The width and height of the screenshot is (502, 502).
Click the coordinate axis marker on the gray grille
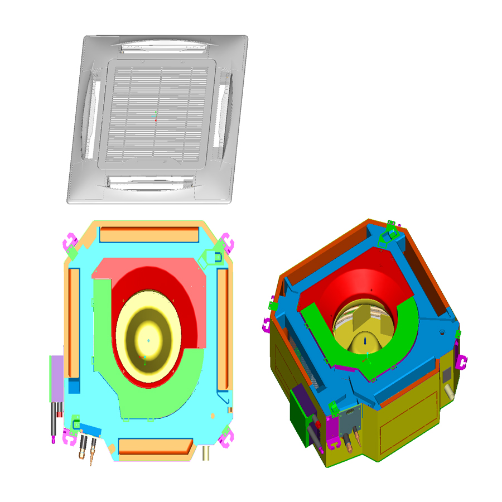click(156, 118)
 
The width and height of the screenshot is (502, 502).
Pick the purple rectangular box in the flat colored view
click(57, 378)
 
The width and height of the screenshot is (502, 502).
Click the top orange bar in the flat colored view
click(149, 234)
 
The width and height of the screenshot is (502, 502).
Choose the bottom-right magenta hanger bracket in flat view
click(228, 439)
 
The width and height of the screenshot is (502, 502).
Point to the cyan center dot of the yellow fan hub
click(148, 340)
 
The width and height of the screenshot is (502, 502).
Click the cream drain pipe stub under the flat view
click(206, 453)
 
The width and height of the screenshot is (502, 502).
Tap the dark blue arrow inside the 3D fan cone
click(365, 339)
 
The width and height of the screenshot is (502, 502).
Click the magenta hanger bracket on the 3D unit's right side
click(462, 361)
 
